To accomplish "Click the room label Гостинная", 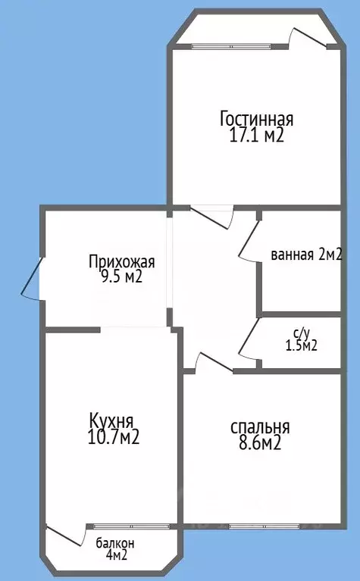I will click(256, 120).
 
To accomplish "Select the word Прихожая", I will click(121, 263).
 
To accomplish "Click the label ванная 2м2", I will click(306, 255).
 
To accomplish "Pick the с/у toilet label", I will click(301, 332).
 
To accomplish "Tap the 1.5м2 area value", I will click(301, 345).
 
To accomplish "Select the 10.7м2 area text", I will click(114, 437).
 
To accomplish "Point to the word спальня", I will click(260, 428).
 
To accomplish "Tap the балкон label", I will click(115, 543).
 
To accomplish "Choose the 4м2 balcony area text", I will click(115, 556).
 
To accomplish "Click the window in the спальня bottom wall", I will click(257, 525).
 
